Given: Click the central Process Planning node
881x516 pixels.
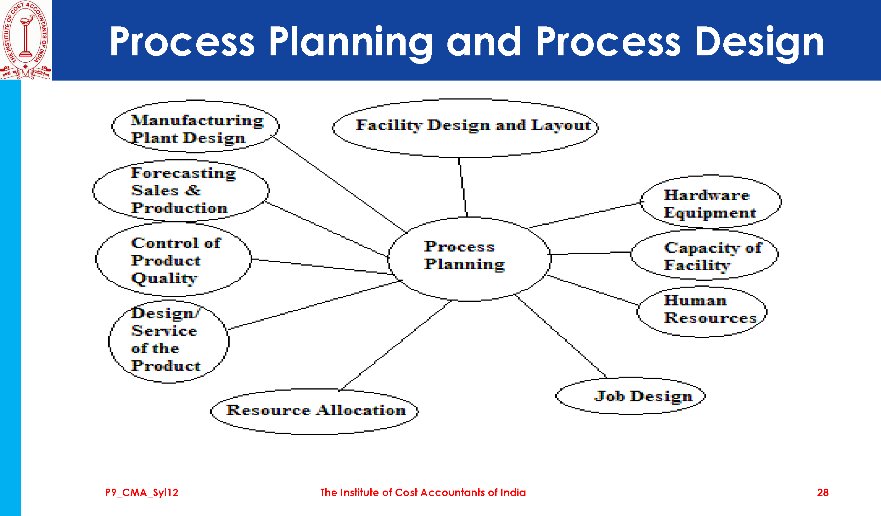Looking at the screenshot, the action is tap(469, 259).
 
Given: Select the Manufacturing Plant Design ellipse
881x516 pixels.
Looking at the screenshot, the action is tap(195, 126).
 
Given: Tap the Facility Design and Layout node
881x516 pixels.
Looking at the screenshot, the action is tap(465, 128).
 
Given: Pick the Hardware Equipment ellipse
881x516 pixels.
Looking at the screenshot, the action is tap(711, 202).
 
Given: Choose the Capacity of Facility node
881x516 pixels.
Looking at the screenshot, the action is tap(705, 255).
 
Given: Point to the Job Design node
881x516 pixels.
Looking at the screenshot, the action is tap(631, 396).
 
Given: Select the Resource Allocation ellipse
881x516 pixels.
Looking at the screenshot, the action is tap(315, 412).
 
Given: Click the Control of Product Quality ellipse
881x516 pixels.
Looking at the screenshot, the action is tap(173, 259).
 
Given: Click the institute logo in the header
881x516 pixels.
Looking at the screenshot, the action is tap(25, 40).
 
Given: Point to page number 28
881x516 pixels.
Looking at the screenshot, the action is tap(822, 493).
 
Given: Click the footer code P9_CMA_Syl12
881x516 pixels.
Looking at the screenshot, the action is tap(142, 493).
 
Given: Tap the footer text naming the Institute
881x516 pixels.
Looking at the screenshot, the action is tap(423, 493).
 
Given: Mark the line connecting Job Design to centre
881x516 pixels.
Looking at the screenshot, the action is tap(560, 336).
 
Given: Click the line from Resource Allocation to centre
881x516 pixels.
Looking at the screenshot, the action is tap(396, 345).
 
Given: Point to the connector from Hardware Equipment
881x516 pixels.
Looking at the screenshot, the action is tap(585, 215).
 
